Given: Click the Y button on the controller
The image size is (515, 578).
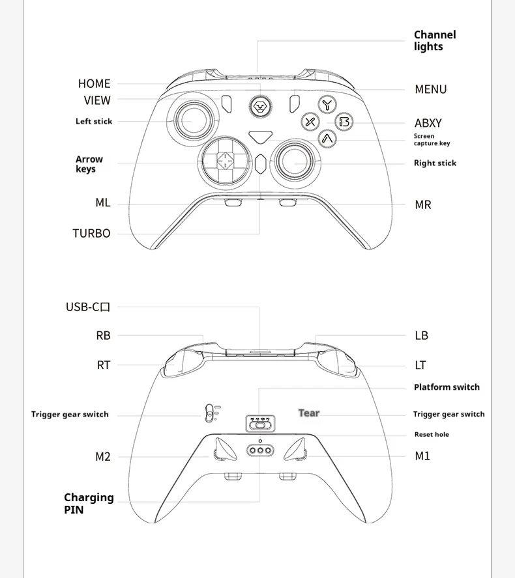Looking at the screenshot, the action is tap(327, 104).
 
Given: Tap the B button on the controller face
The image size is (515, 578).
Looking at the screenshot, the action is tap(344, 122).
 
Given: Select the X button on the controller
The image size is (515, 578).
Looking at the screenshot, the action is tap(310, 122).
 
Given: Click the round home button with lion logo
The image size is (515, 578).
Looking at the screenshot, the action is tap(259, 106).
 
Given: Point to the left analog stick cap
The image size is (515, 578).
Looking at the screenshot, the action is tap(192, 119).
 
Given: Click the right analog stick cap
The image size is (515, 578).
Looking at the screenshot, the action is tap(295, 159).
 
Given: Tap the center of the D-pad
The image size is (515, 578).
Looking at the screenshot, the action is tap(224, 159).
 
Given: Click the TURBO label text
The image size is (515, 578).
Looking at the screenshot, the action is tap(91, 233).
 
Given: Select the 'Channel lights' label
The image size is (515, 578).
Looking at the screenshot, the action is tap(435, 40).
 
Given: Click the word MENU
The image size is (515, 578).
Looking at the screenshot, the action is tap(431, 89).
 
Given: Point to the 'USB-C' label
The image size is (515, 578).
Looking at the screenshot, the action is tap(88, 307).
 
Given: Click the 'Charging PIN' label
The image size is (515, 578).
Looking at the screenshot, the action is tap(88, 503).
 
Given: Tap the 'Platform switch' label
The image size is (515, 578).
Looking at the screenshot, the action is tap(447, 387).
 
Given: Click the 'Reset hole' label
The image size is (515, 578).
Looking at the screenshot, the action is tap(432, 434).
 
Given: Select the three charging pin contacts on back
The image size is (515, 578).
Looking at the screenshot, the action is tap(259, 450).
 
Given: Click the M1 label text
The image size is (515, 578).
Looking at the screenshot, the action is tap(422, 456).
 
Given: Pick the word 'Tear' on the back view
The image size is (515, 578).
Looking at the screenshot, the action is tap(309, 413).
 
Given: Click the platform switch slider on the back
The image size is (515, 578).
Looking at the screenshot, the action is tap(259, 424).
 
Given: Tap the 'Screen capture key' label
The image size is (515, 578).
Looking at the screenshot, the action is tap(432, 140).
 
